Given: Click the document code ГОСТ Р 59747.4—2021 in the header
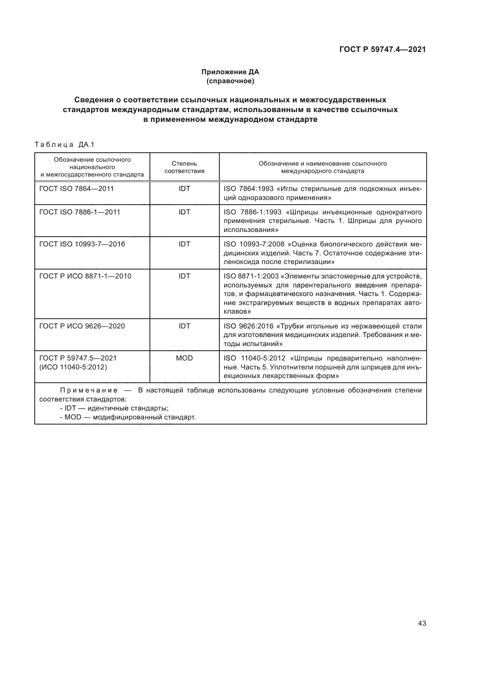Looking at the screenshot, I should click(382, 50).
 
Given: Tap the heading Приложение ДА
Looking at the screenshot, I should click(230, 72).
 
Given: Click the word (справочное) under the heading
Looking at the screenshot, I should click(230, 81).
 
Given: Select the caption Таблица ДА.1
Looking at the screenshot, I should click(64, 144).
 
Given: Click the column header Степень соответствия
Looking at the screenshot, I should click(184, 167).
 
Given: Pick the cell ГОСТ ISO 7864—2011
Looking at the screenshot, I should click(77, 189).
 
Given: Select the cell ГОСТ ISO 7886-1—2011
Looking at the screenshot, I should click(80, 212).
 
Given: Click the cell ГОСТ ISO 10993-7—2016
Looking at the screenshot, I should click(82, 244).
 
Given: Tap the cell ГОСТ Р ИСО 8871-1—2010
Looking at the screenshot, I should click(85, 276).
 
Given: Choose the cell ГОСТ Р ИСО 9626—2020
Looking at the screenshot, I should click(82, 326).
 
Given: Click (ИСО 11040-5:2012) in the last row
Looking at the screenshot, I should click(73, 367).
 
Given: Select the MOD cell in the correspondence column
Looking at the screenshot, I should click(184, 358).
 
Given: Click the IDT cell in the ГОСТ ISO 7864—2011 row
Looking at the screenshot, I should click(184, 189).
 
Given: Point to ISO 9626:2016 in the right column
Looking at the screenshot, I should click(249, 326).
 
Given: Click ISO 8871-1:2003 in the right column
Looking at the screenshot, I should click(251, 276).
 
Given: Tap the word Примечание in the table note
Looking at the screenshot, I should click(89, 390).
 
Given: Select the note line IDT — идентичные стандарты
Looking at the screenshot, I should click(114, 408).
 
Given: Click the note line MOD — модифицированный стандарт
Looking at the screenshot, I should click(128, 417).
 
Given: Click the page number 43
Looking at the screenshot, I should click(422, 623).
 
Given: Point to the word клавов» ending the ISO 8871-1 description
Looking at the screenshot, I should click(237, 312).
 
